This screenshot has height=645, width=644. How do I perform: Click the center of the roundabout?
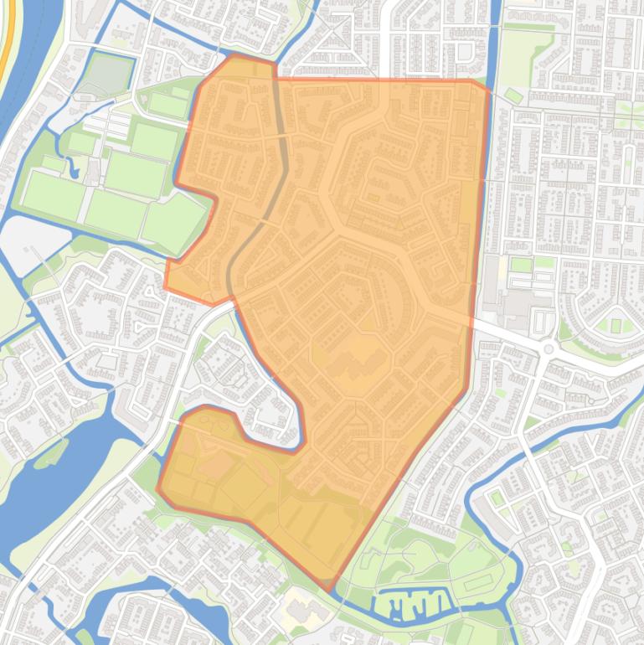click(x=549, y=348)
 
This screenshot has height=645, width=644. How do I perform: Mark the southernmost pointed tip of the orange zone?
click(x=332, y=590)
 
